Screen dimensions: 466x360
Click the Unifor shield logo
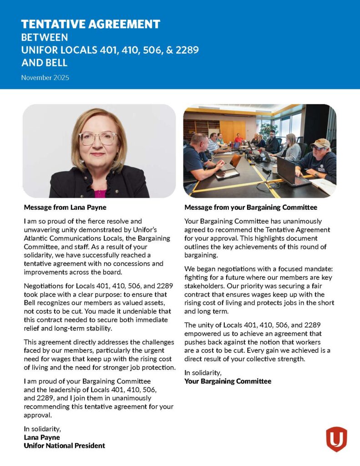pyautogui.click(x=336, y=439)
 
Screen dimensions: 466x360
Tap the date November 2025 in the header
pyautogui.click(x=45, y=78)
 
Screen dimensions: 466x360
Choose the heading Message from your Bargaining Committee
pyautogui.click(x=251, y=208)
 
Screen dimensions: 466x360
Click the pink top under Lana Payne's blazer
pyautogui.click(x=100, y=193)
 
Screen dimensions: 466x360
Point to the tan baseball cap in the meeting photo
pyautogui.click(x=320, y=144)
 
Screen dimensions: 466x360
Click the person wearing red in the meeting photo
pyautogui.click(x=238, y=138)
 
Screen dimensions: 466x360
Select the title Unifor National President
pyautogui.click(x=64, y=446)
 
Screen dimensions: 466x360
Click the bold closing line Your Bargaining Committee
pyautogui.click(x=228, y=381)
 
